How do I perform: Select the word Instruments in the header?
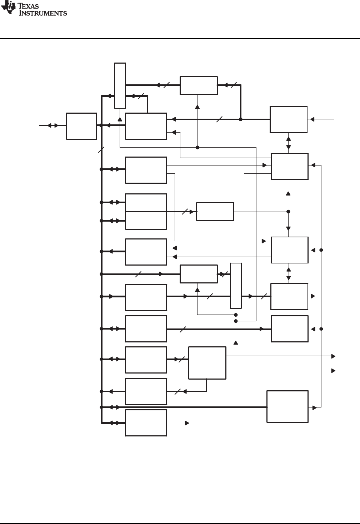[43, 13]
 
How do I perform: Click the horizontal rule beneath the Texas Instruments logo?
[180, 39]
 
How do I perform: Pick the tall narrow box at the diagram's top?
[120, 85]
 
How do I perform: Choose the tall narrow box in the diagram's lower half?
[236, 285]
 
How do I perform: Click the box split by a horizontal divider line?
[146, 212]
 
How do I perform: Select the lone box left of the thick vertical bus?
[81, 126]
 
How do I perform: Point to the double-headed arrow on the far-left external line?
[53, 125]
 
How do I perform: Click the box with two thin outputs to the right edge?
[207, 363]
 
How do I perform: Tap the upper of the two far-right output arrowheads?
[333, 356]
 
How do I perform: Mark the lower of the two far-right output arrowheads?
[333, 371]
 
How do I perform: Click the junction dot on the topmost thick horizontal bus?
[240, 119]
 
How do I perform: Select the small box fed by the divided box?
[215, 212]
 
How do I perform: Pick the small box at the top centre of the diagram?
[199, 85]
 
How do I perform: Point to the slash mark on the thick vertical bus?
[101, 150]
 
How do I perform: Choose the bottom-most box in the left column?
[146, 423]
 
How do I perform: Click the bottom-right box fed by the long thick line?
[287, 407]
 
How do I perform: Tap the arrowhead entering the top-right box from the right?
[312, 119]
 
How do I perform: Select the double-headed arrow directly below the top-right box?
[289, 143]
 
